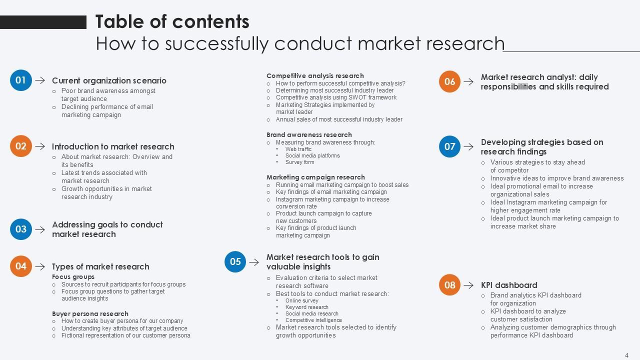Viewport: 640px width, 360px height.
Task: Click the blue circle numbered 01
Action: pyautogui.click(x=20, y=80)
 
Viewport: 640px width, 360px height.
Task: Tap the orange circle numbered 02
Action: pyautogui.click(x=20, y=146)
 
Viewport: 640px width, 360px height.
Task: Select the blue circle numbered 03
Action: pyautogui.click(x=20, y=229)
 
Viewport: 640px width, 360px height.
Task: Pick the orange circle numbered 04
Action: pyautogui.click(x=20, y=266)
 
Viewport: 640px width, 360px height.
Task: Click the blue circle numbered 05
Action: pyautogui.click(x=235, y=261)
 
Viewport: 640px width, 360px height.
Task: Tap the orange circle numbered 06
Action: pyautogui.click(x=449, y=81)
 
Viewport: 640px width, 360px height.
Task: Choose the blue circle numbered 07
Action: pyautogui.click(x=449, y=146)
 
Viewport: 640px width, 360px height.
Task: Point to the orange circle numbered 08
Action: pyautogui.click(x=449, y=285)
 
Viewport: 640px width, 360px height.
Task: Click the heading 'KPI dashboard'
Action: pyautogui.click(x=509, y=285)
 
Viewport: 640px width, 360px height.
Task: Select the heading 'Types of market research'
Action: pyautogui.click(x=100, y=266)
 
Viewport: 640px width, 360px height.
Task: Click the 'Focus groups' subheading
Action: pyautogui.click(x=73, y=276)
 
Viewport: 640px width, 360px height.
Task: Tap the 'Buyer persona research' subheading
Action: pyautogui.click(x=90, y=313)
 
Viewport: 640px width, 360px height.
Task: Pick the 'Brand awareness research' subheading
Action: pyautogui.click(x=309, y=134)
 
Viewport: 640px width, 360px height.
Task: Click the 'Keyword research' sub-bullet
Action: pyautogui.click(x=306, y=307)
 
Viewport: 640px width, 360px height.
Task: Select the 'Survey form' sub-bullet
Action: pyautogui.click(x=299, y=162)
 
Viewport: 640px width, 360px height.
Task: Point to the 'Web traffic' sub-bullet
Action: pyautogui.click(x=298, y=149)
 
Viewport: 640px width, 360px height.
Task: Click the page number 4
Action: pyautogui.click(x=626, y=355)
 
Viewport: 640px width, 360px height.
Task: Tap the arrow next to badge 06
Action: pyautogui.click(x=468, y=81)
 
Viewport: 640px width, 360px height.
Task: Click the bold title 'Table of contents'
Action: pyautogui.click(x=172, y=21)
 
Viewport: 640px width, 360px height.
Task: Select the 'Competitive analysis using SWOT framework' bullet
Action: pyautogui.click(x=336, y=97)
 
